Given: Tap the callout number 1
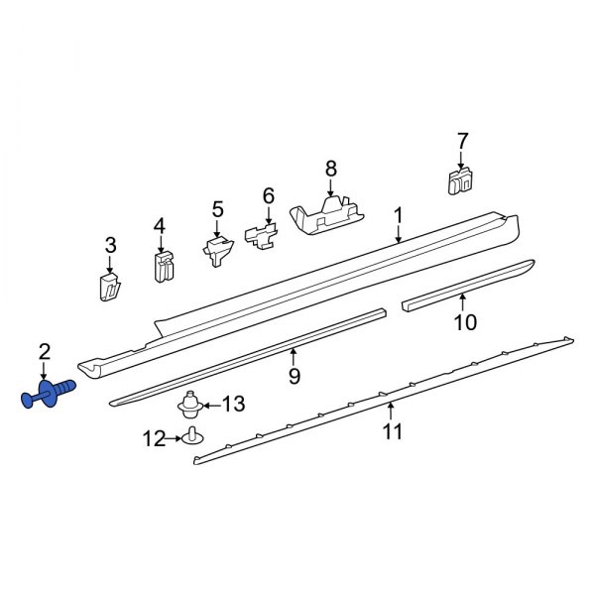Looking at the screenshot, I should coord(398,216).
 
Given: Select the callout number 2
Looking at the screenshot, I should coord(44,350).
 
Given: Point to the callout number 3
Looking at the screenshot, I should coord(111,244).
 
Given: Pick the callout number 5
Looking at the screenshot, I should coord(218,209).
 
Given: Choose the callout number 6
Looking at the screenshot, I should coord(268,195).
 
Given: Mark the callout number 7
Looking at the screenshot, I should coord(461,141).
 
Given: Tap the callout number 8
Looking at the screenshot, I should coord(331,169).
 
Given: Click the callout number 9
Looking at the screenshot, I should coord(294,375).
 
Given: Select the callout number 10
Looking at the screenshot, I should coord(465,321).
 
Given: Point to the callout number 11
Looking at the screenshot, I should coord(394,431).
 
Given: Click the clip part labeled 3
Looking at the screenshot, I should coord(109,286).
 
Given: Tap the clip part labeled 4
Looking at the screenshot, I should coord(163,265).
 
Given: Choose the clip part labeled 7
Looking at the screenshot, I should coord(459,180).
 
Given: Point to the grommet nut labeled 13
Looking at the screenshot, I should coord(188,408).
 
